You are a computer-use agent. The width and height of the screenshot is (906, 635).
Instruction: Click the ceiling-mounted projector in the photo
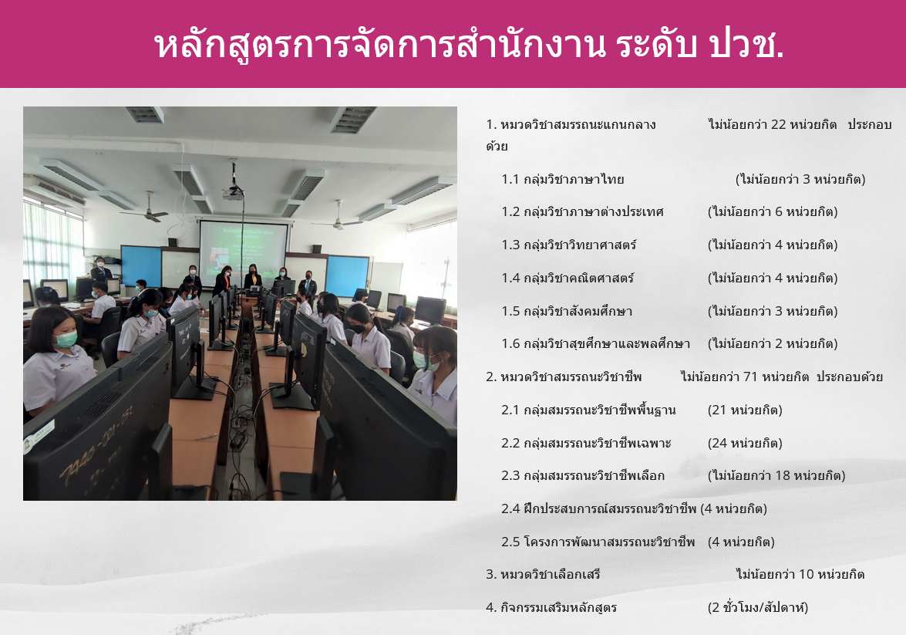(x=233, y=192)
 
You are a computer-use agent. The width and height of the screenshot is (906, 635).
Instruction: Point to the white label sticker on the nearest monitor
(x=39, y=435)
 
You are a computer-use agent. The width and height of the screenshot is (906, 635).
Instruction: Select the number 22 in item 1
(x=778, y=124)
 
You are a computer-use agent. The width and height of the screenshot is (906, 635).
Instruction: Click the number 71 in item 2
(x=750, y=377)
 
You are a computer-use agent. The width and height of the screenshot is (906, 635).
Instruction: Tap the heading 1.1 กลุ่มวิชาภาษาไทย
(x=563, y=179)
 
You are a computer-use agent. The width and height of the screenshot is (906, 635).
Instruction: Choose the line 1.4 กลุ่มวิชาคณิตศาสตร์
(x=568, y=279)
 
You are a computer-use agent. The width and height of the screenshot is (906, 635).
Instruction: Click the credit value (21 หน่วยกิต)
(x=745, y=410)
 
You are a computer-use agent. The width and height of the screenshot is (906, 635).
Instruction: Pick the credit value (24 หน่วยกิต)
(x=745, y=443)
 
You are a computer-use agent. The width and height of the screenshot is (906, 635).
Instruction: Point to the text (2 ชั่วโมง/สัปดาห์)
(x=757, y=607)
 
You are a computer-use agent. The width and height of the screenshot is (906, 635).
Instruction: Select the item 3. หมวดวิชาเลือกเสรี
(x=543, y=574)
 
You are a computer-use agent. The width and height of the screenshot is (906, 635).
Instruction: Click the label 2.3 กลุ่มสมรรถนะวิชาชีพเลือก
(x=583, y=475)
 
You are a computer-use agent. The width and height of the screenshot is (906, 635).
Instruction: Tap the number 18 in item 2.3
(x=783, y=475)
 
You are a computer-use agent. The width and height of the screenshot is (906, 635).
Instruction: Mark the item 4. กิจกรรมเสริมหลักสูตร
(x=551, y=607)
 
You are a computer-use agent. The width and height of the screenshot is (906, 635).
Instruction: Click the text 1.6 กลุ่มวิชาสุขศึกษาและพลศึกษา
(x=596, y=343)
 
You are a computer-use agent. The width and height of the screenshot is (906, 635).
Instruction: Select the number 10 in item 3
(x=807, y=574)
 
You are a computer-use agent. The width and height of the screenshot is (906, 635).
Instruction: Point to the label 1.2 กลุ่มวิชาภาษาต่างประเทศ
(x=582, y=211)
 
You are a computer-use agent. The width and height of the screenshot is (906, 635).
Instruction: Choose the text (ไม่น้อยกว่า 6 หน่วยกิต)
(x=773, y=211)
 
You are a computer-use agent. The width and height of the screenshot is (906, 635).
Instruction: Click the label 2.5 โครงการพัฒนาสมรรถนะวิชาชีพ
(x=598, y=542)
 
